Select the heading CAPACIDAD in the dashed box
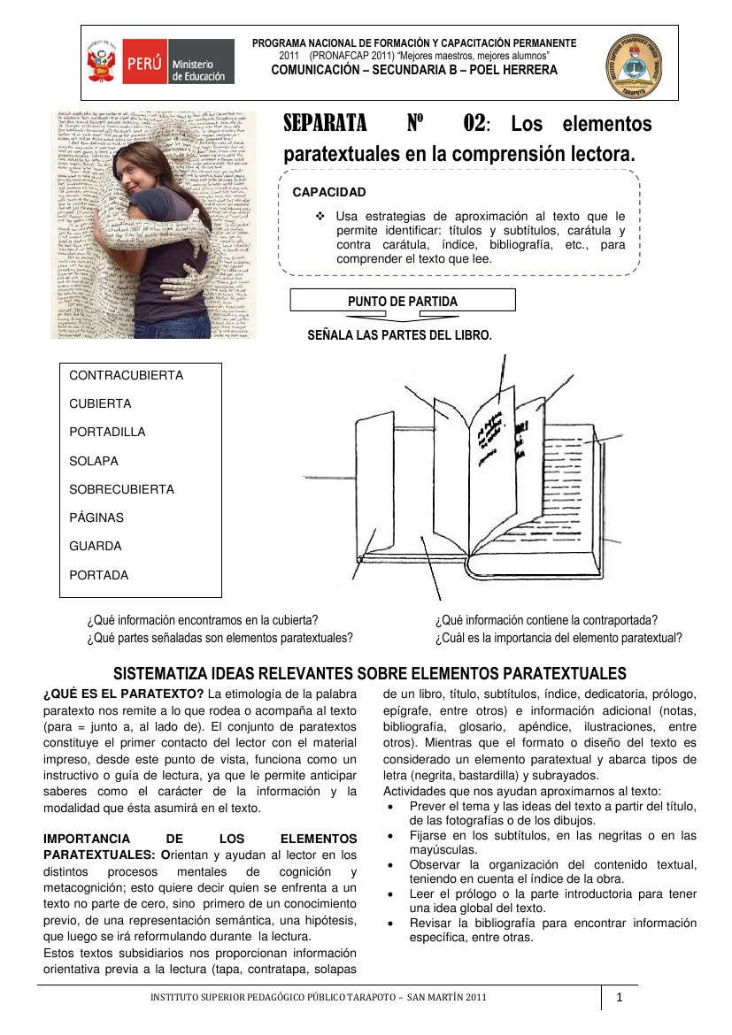(x=329, y=192)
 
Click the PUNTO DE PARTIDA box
(x=403, y=302)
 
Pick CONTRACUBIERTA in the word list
(x=126, y=375)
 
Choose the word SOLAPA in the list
(x=94, y=461)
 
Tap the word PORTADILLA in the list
(x=107, y=432)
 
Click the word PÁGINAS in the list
(x=96, y=517)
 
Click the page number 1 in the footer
(x=620, y=998)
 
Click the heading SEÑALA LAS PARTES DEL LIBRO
(x=399, y=335)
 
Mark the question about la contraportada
(x=546, y=621)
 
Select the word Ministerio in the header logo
(x=192, y=66)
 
